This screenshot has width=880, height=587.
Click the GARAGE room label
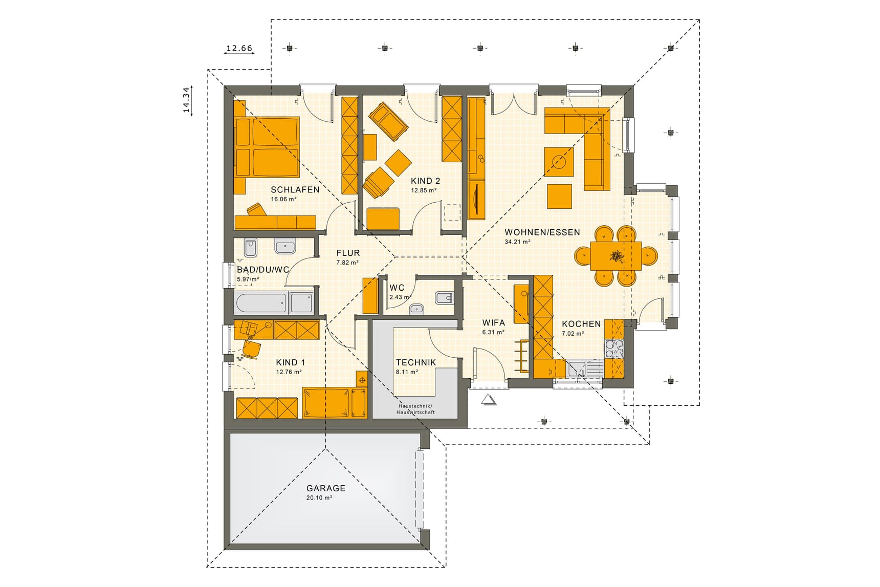[326, 488]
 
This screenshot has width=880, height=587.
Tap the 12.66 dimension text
[239, 49]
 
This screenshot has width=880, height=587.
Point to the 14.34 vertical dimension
[186, 99]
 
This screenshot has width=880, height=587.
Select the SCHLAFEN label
[295, 189]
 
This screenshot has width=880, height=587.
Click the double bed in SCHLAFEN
[267, 147]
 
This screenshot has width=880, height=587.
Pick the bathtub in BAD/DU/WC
[261, 303]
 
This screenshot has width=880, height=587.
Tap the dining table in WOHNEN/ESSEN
[615, 256]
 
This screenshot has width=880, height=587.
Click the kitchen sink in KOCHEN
[577, 368]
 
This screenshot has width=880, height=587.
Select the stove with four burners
[614, 349]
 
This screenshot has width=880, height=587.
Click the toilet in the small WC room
[443, 297]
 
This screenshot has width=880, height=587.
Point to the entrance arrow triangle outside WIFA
[489, 400]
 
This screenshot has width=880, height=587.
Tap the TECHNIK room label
[416, 362]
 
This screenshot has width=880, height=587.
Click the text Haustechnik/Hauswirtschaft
[415, 409]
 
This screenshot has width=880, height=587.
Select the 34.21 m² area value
[517, 242]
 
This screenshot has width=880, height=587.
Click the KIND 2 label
[425, 181]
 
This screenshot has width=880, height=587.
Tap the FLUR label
[348, 253]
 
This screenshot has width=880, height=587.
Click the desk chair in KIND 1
[252, 349]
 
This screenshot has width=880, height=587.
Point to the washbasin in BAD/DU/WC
[285, 247]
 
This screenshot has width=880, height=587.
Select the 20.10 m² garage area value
[319, 497]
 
